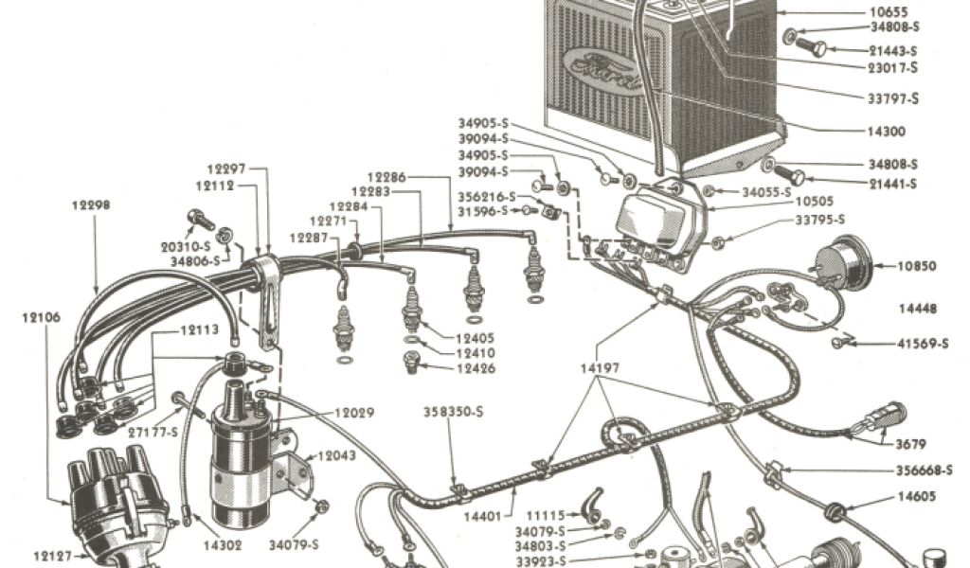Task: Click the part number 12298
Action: [x=91, y=204]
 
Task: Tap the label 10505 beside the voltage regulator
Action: [x=814, y=201]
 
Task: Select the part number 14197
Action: [x=600, y=368]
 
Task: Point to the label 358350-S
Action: [x=454, y=412]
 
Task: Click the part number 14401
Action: [x=483, y=516]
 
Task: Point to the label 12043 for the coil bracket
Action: [x=336, y=455]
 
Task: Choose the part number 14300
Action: [x=887, y=131]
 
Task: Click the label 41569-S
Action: [x=923, y=344]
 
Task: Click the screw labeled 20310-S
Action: [x=201, y=219]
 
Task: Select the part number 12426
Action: [x=476, y=368]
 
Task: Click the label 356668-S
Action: [x=925, y=470]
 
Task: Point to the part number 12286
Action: [x=386, y=177]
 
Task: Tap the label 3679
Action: [x=910, y=444]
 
